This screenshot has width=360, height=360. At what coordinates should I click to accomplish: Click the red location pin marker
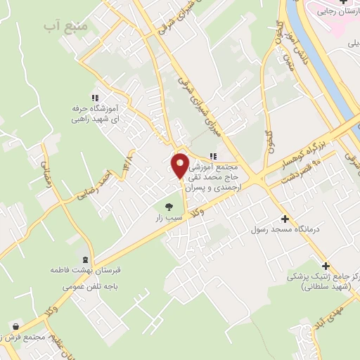[181, 165]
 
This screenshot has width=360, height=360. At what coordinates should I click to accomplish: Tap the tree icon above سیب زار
[168, 207]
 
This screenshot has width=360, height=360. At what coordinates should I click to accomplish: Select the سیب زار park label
[169, 219]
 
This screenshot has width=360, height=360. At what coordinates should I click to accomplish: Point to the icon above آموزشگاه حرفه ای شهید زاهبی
[94, 98]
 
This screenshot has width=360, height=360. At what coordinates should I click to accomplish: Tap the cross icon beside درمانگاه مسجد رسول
[284, 219]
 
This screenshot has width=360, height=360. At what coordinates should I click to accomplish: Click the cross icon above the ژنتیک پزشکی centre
[325, 266]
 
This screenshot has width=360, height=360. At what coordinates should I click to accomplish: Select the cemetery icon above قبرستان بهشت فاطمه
[85, 259]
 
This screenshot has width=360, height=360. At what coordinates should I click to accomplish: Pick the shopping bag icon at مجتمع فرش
[15, 326]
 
